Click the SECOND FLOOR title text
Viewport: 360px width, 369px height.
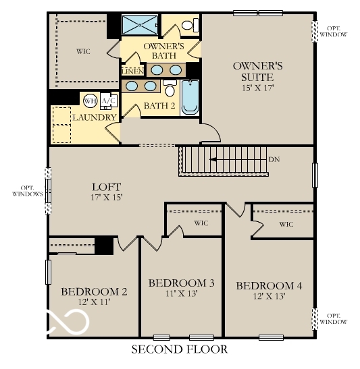179,349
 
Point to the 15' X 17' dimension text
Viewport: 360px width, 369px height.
257,88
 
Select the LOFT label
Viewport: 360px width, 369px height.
106,187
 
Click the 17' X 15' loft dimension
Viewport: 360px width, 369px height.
106,198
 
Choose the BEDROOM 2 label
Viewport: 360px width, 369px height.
94,291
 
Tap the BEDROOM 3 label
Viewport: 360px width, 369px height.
181,283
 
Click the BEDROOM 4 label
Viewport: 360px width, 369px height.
268,286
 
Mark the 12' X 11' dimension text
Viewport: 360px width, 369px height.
94,302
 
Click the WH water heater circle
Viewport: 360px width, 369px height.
90,101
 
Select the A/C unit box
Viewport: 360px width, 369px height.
107,101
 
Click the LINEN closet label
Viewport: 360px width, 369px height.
131,70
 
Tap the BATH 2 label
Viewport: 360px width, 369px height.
159,106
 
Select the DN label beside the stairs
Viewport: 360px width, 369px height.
274,160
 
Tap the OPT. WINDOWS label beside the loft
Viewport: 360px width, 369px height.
27,191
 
